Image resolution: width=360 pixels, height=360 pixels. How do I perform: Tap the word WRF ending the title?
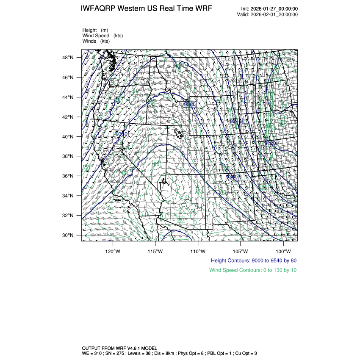click(x=203, y=9)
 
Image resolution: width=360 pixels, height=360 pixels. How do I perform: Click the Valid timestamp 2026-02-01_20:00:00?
click(x=274, y=14)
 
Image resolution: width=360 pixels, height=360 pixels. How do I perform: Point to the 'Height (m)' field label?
click(x=95, y=30)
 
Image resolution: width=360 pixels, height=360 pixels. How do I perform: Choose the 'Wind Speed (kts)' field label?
click(x=102, y=36)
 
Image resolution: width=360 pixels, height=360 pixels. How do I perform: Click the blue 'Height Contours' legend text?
click(x=253, y=260)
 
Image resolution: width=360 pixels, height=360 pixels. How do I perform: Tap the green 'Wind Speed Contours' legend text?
click(x=252, y=270)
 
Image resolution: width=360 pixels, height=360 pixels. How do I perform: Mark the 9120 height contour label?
click(x=270, y=144)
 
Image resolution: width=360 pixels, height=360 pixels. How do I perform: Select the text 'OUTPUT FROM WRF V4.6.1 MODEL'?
click(x=119, y=348)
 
